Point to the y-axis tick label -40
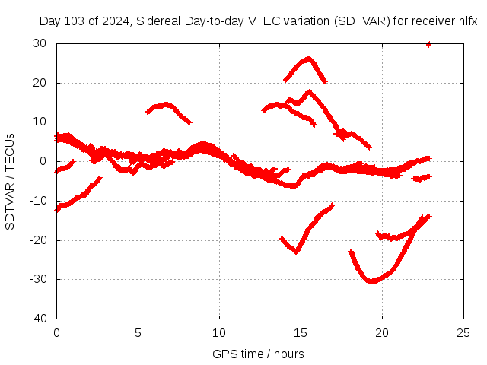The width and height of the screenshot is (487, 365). pyautogui.click(x=38, y=318)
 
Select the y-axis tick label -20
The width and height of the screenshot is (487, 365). pyautogui.click(x=38, y=240)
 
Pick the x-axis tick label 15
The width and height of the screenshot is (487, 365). pyautogui.click(x=301, y=332)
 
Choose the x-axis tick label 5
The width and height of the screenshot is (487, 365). pyautogui.click(x=138, y=332)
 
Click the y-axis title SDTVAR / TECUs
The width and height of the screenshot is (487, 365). pyautogui.click(x=10, y=181)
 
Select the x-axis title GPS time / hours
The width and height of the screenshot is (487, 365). pyautogui.click(x=258, y=354)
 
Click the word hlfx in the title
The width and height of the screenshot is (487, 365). pyautogui.click(x=466, y=22)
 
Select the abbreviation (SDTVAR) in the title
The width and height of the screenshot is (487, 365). pyautogui.click(x=361, y=22)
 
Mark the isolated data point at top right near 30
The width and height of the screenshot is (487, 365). pyautogui.click(x=429, y=44)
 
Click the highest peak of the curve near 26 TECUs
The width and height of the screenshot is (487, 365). pyautogui.click(x=307, y=58)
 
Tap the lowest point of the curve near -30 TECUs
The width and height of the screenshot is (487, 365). pyautogui.click(x=371, y=281)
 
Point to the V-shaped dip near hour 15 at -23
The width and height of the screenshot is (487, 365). pyautogui.click(x=297, y=252)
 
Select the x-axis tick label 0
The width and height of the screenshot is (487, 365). pyautogui.click(x=56, y=332)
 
